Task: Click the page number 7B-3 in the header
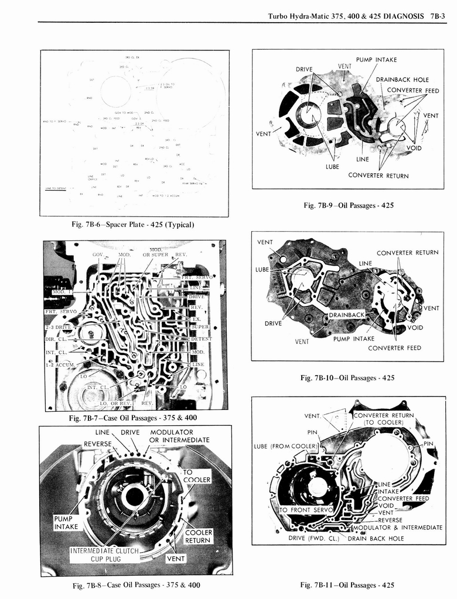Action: pos(437,16)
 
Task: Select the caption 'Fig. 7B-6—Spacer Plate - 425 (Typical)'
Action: pos(133,224)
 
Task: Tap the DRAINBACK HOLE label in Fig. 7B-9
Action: pos(402,80)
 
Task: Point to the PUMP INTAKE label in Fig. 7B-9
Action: pos(376,60)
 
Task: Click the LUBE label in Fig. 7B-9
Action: pos(332,166)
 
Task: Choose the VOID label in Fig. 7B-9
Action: pos(414,148)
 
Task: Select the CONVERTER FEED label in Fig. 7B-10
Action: pos(394,348)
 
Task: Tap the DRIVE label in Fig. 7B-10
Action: pos(273,323)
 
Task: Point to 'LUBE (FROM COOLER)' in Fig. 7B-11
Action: pos(285,446)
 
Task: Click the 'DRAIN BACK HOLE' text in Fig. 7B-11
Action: pos(376,538)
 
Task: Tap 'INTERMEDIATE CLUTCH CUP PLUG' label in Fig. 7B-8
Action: pos(104,555)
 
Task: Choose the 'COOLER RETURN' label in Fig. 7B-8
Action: pos(199,536)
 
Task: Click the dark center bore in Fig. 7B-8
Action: pos(134,497)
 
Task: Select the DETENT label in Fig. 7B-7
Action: pos(201,339)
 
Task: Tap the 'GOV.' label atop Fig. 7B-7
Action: pos(98,255)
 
